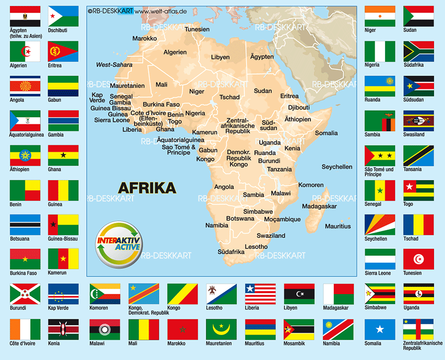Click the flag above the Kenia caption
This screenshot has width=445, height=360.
(63, 329)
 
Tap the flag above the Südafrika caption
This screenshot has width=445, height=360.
(418, 51)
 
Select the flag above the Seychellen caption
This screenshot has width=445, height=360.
(380, 225)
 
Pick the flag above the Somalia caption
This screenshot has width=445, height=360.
(380, 329)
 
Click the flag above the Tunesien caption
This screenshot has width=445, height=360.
(418, 260)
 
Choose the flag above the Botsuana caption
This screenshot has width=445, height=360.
(25, 225)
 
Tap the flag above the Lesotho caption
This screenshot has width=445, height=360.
(221, 294)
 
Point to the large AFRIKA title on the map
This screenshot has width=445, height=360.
(147, 188)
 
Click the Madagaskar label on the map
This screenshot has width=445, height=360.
(319, 206)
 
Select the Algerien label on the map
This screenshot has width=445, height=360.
(175, 52)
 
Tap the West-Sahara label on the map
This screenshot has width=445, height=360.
(114, 65)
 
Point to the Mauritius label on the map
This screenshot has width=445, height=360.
(338, 226)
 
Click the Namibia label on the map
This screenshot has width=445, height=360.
(217, 226)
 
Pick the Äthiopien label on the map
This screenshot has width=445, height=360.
(297, 119)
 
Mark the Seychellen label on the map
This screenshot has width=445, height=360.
(337, 167)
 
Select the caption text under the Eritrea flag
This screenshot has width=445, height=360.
(55, 65)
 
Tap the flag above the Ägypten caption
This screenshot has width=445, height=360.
(25, 16)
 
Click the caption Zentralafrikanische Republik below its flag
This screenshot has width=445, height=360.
(423, 346)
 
